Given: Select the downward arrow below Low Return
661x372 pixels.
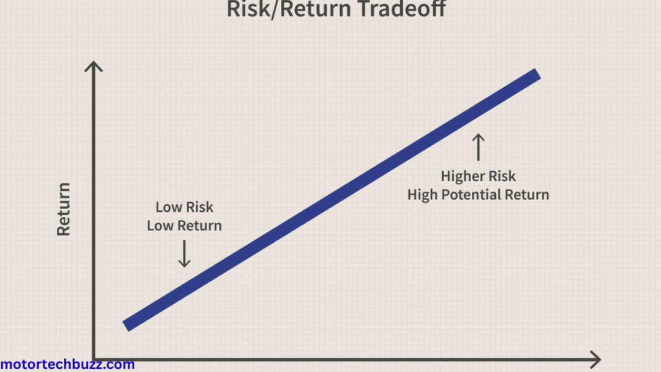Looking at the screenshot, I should (184, 254).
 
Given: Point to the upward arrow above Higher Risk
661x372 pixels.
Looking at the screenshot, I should (478, 147).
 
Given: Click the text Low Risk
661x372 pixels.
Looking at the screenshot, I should (184, 207).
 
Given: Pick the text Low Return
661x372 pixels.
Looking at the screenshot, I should (184, 226).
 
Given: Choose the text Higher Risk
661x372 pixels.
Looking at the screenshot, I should (478, 176).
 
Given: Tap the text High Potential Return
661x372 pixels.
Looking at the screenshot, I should (478, 194).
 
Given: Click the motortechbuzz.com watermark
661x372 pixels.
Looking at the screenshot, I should (67, 364).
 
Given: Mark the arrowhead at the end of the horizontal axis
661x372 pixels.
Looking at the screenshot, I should (596, 359).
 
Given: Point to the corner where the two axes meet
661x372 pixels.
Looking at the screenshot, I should (95, 358).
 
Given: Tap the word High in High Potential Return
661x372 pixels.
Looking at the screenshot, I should (423, 194).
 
